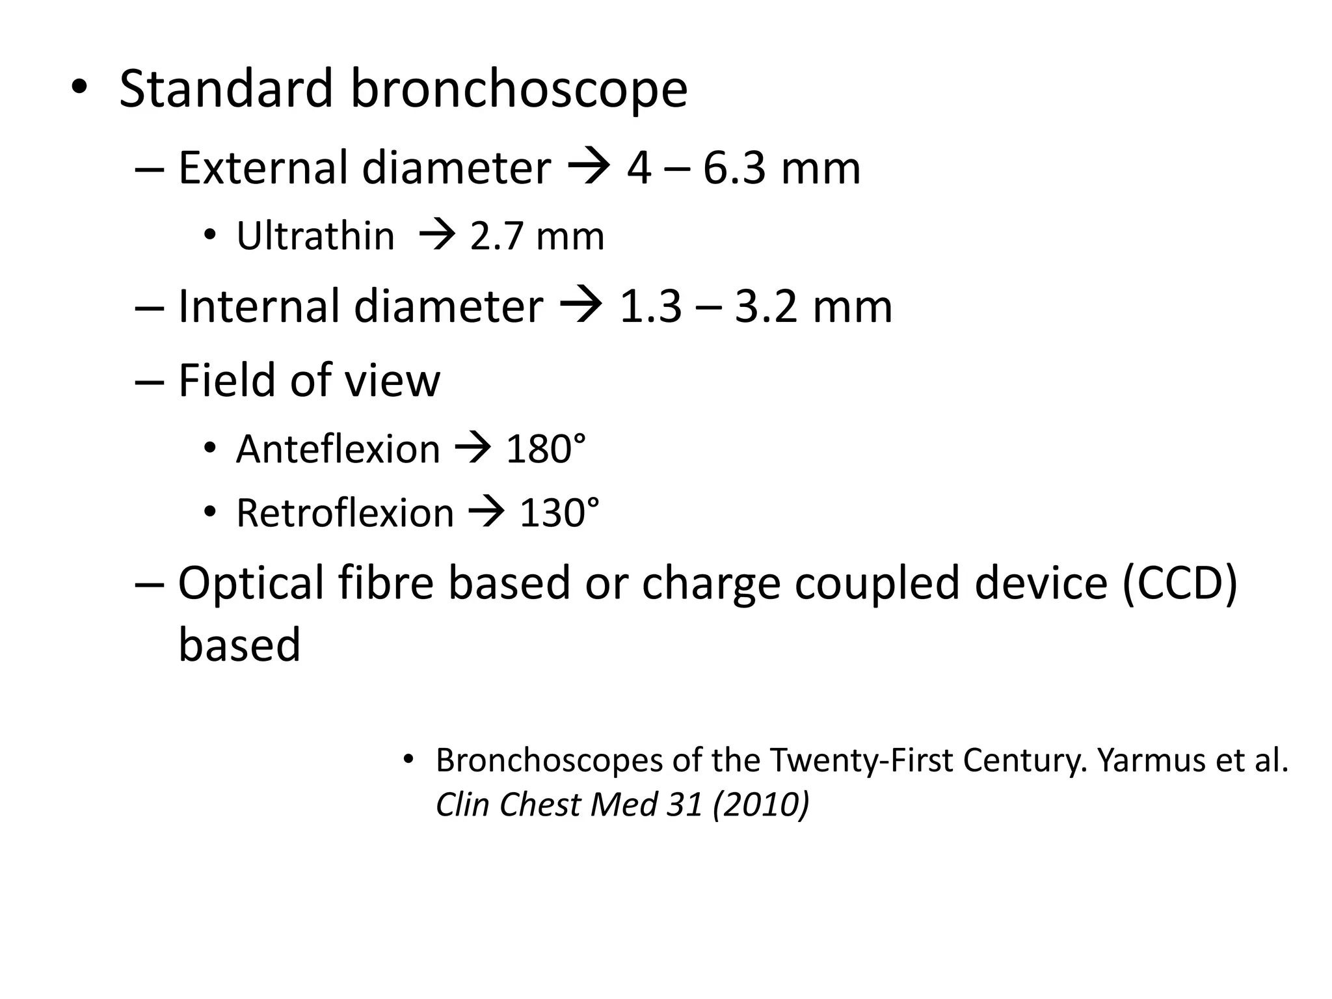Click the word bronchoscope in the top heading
518,89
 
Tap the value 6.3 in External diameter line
734,168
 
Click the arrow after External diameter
589,168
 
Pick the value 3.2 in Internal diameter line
766,307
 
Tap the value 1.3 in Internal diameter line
650,307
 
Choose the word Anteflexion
338,449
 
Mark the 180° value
546,449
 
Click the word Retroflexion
345,513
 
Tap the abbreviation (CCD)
1180,583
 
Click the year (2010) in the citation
761,805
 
